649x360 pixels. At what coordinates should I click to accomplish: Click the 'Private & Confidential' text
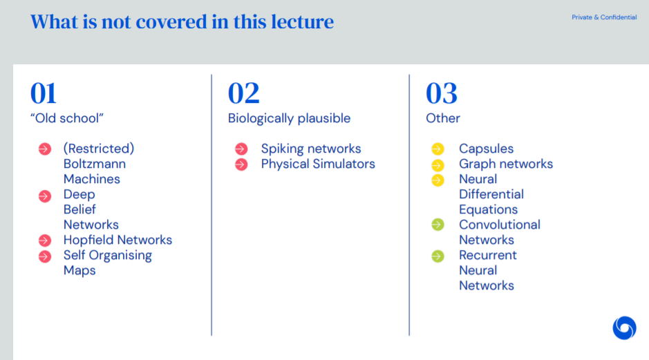604,17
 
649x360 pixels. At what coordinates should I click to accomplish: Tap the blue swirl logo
624,328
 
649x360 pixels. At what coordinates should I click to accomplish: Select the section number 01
43,93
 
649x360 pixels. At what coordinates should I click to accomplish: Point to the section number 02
244,93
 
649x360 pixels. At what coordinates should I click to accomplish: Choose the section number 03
442,93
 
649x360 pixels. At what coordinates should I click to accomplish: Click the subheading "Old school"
66,118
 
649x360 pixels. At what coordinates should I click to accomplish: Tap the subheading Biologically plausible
290,118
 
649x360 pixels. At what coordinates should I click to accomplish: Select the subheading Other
443,118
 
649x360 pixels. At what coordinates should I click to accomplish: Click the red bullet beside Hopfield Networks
45,240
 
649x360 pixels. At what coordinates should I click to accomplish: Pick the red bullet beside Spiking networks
241,149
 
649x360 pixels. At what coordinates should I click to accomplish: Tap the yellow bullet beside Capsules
438,149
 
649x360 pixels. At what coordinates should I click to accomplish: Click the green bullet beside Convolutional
438,225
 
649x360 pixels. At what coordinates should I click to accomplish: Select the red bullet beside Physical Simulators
241,164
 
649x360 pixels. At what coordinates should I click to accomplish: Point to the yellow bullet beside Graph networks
438,165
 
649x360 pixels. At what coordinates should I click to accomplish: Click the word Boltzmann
95,164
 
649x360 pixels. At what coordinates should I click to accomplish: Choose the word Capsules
486,149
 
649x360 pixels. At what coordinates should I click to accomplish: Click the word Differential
491,194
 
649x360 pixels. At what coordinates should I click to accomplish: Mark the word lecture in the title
302,21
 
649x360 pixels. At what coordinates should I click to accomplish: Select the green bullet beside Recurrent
438,256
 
